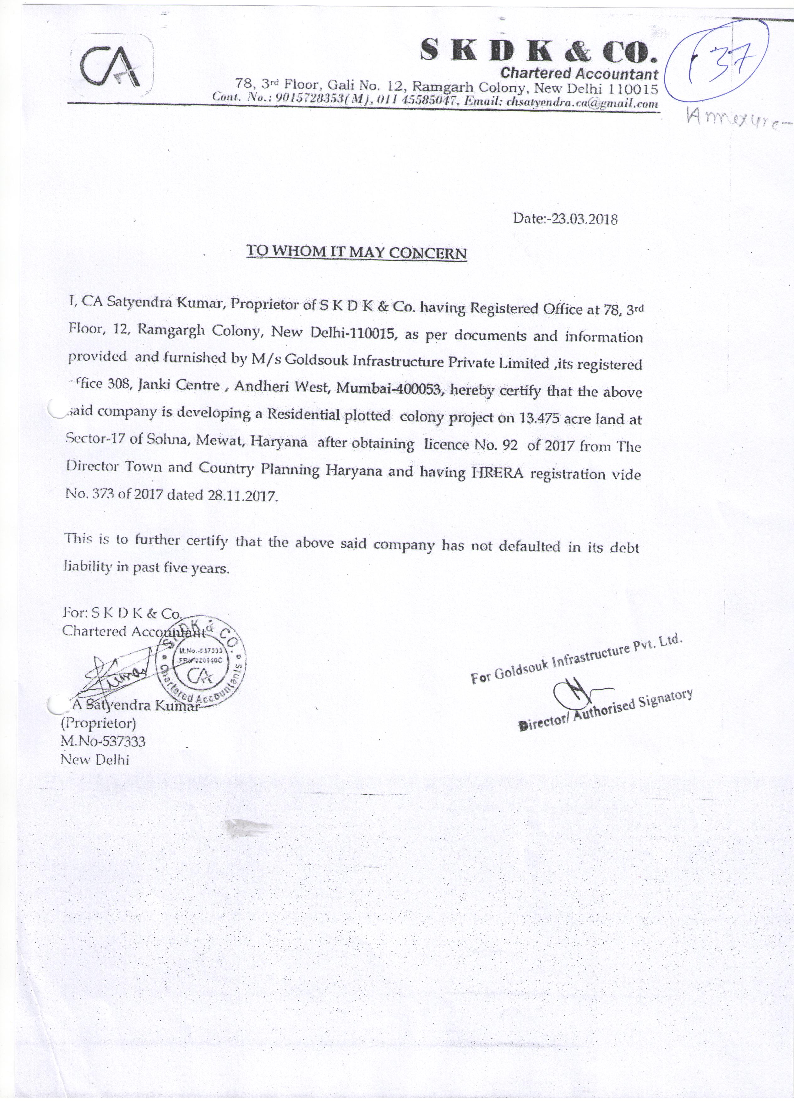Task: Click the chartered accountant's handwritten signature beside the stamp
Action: (x=116, y=672)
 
